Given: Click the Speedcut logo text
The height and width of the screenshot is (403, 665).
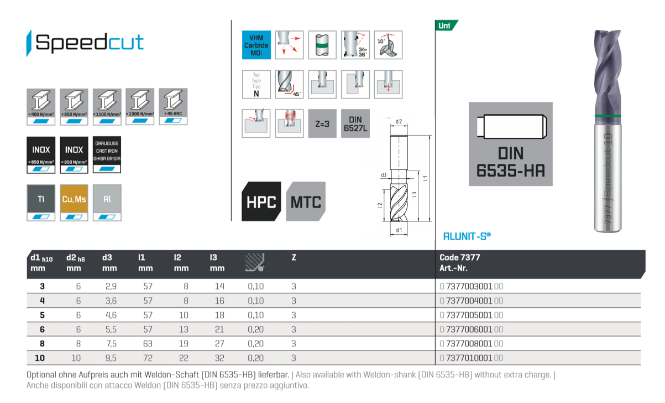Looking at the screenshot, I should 88,43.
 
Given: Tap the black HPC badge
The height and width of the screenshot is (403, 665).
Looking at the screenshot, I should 261,201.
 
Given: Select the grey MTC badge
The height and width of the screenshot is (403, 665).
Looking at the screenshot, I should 306,201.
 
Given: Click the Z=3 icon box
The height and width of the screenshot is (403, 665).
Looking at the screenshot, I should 322,123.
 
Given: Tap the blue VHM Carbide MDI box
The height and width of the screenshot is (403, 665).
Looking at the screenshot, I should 256,45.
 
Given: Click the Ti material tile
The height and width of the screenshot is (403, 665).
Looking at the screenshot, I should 41,202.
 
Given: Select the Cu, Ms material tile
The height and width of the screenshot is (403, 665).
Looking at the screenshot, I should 74,202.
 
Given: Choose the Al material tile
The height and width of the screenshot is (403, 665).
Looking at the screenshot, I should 107,202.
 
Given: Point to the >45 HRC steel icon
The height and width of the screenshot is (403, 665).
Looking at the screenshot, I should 173,106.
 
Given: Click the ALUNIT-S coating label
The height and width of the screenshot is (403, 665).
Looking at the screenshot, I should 467,236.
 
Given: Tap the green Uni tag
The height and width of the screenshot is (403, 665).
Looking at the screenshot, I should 446,25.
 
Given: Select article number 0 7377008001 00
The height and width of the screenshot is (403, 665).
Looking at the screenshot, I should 472,344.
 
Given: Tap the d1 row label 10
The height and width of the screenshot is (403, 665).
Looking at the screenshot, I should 40,358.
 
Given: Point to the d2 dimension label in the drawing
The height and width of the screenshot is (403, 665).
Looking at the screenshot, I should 399,122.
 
